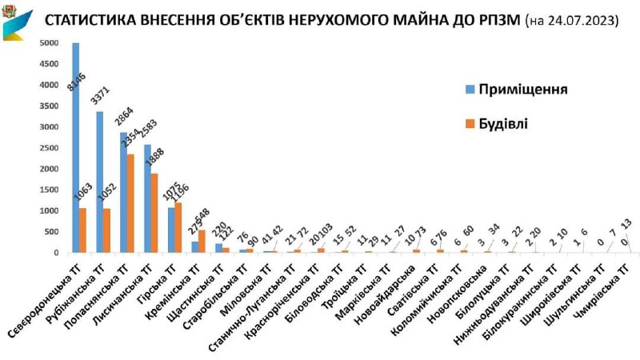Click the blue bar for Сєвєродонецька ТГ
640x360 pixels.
click(76, 148)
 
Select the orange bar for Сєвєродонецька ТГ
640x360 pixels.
click(83, 230)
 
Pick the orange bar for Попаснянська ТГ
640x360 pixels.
click(130, 203)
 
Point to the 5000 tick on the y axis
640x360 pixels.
click(50, 43)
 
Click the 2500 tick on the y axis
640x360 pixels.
click(50, 148)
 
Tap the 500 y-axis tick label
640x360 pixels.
click(52, 232)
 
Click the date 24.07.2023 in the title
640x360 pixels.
click(575, 21)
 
